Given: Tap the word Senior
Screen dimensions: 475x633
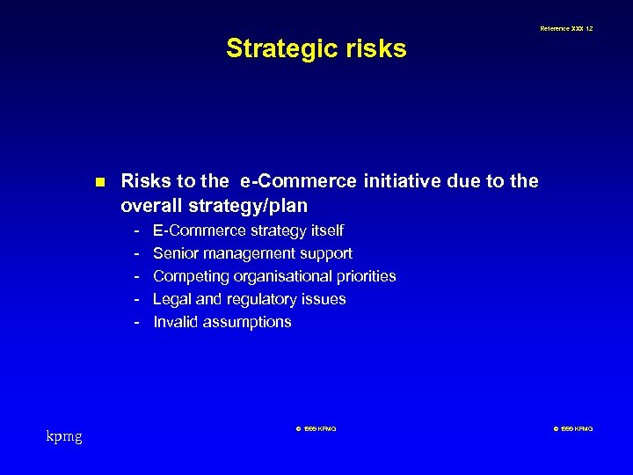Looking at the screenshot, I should click(x=176, y=253).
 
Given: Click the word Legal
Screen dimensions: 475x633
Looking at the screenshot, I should click(x=171, y=299).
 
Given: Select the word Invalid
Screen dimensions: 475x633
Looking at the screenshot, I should click(x=174, y=322).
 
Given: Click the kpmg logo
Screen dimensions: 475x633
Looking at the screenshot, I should click(x=63, y=435).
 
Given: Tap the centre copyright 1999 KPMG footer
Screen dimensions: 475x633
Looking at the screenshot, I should click(x=316, y=428).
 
